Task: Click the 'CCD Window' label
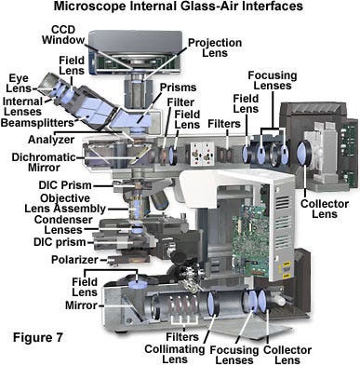63,34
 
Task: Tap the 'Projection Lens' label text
215,47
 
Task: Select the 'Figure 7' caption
37,337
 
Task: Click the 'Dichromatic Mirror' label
44,162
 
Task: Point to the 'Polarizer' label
74,260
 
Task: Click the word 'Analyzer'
51,140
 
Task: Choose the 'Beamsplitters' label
37,123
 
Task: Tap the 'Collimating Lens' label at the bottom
175,354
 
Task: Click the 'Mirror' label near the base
81,305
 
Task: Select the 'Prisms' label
178,88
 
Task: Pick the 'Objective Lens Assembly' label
65,203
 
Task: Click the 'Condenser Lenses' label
63,224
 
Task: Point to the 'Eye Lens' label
19,83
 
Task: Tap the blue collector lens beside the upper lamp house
303,153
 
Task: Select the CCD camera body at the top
136,52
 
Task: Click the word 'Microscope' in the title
89,6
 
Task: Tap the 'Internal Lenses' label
22,106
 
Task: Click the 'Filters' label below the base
182,337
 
